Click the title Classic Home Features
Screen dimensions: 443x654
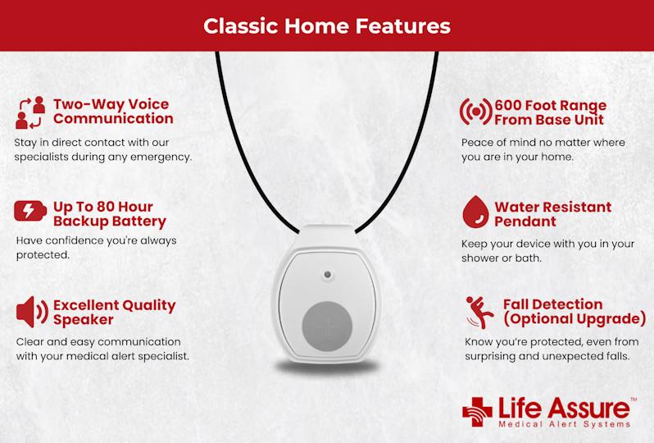point(327,25)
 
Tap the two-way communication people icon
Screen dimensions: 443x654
point(30,112)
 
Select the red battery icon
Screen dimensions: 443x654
point(30,211)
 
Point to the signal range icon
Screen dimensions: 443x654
point(475,112)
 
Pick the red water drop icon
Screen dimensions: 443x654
point(475,212)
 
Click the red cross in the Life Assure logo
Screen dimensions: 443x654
point(477,412)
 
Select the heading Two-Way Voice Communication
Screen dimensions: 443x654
point(112,111)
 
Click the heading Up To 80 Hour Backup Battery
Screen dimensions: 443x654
point(109,213)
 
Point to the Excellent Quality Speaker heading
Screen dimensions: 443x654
point(114,312)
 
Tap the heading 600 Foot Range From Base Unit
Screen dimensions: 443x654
point(550,112)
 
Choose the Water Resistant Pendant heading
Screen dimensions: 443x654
point(552,214)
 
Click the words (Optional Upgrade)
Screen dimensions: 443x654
point(574,319)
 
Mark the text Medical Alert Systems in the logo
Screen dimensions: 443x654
point(565,424)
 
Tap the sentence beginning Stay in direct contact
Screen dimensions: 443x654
point(103,148)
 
